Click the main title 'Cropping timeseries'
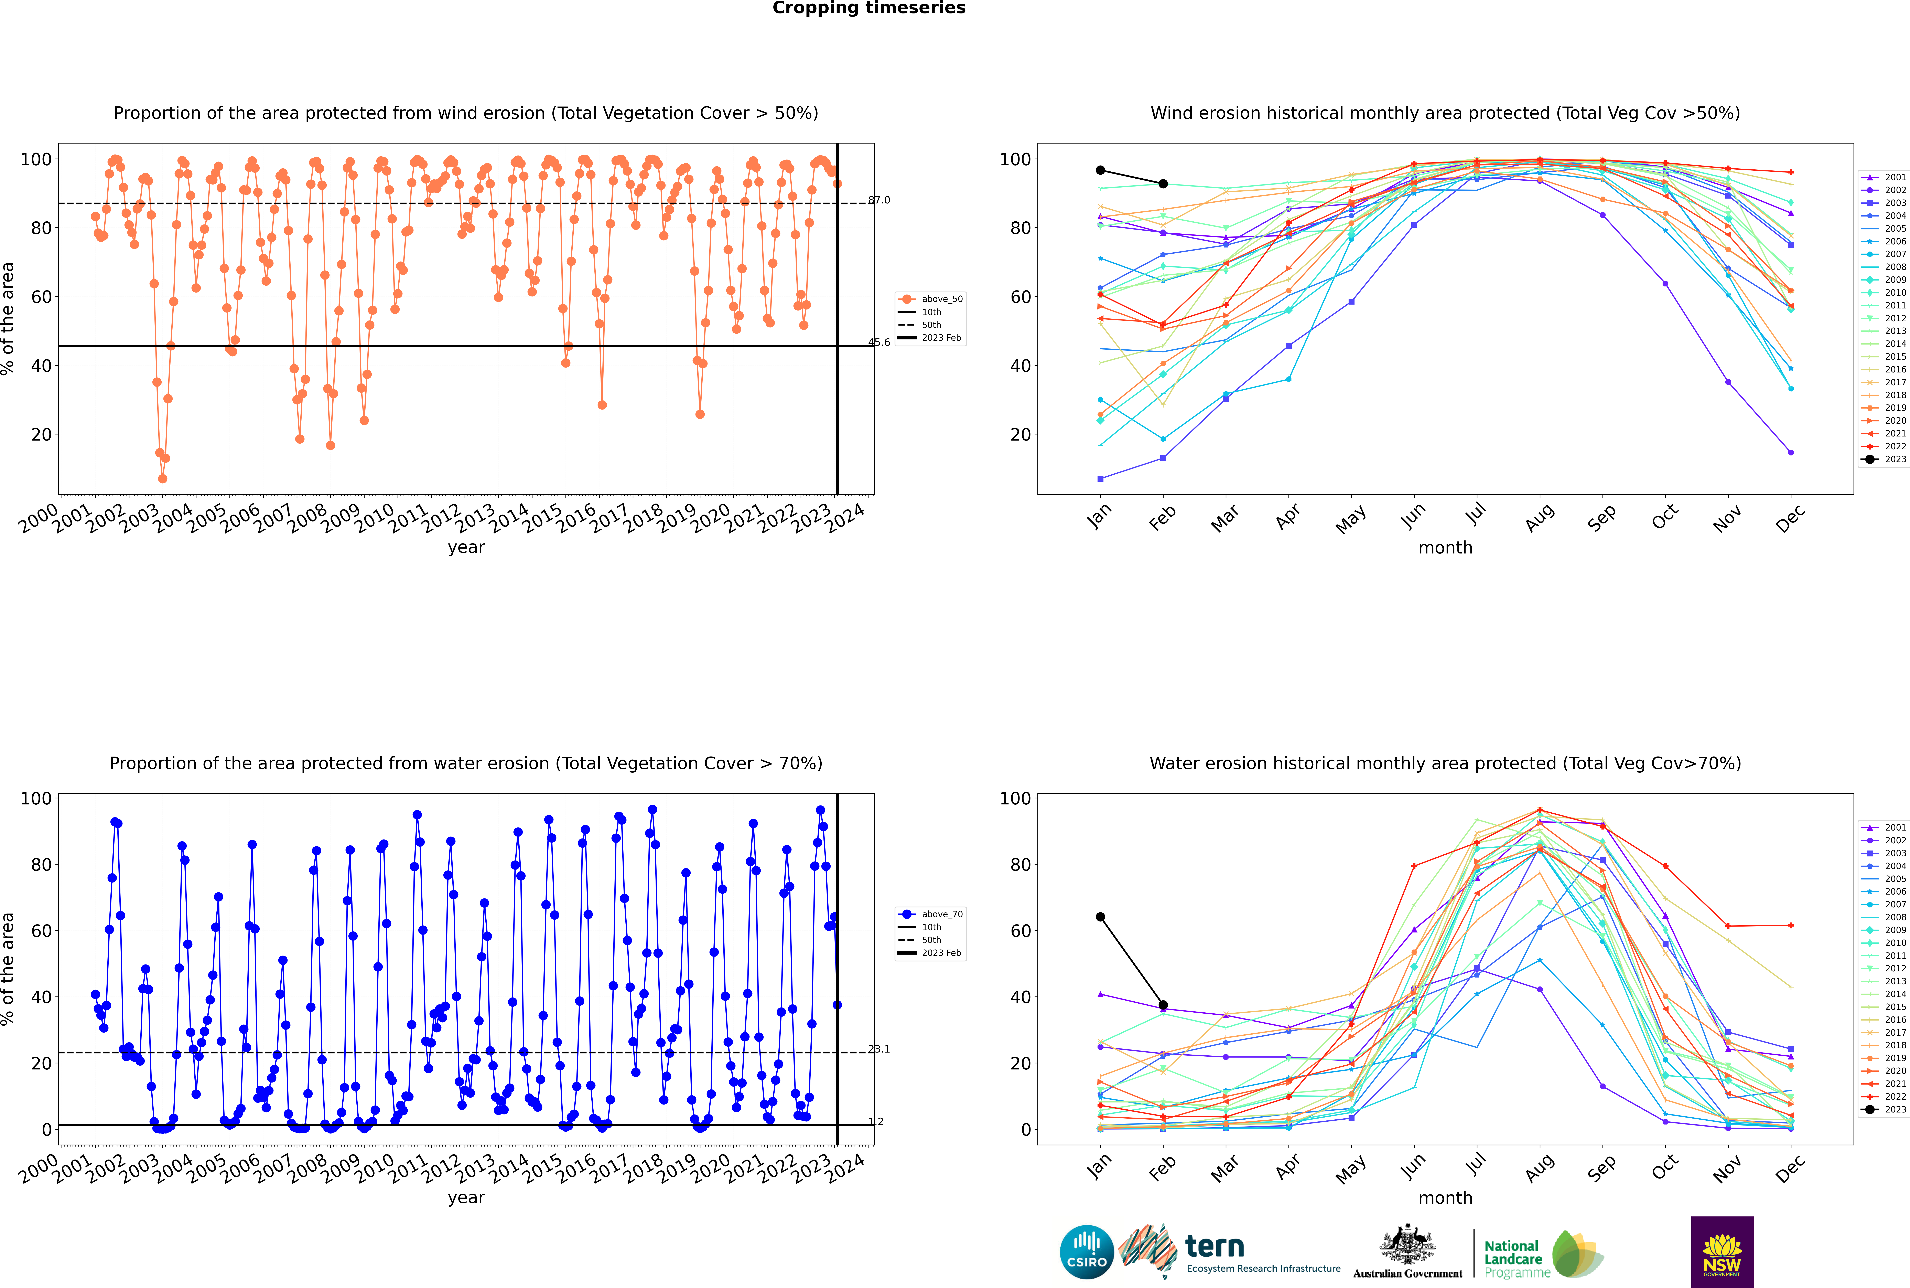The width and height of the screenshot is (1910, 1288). (869, 8)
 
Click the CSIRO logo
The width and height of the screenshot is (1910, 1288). (1086, 1252)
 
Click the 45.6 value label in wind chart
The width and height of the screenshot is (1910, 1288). (879, 342)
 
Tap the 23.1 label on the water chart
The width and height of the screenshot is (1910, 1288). (879, 1049)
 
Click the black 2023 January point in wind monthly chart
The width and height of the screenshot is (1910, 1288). (1100, 170)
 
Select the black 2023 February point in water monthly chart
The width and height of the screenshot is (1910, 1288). (1163, 1005)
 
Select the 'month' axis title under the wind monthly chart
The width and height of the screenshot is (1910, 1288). (1445, 548)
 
